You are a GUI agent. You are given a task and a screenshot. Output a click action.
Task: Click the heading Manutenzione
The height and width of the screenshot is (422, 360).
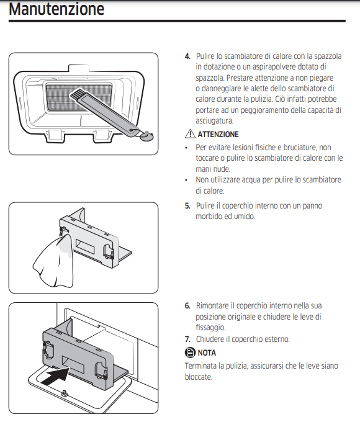pos(56,10)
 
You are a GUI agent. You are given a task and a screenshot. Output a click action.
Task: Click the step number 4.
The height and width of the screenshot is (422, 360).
pos(187,56)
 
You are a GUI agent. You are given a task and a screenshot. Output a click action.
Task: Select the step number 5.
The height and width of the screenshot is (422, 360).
pos(187,205)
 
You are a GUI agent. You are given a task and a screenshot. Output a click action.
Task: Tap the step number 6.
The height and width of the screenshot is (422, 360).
pos(187,306)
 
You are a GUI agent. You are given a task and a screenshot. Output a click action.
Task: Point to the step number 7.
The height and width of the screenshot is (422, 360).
pos(187,339)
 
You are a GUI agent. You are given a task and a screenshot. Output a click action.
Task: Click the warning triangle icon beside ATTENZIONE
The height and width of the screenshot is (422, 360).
pos(190,134)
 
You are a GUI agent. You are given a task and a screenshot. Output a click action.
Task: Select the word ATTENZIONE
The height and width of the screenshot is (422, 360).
pos(218,135)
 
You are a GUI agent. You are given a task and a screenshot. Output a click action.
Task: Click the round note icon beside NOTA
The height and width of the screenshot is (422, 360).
pos(190,352)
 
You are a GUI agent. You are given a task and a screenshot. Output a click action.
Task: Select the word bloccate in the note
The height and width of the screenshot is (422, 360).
pos(199,377)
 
